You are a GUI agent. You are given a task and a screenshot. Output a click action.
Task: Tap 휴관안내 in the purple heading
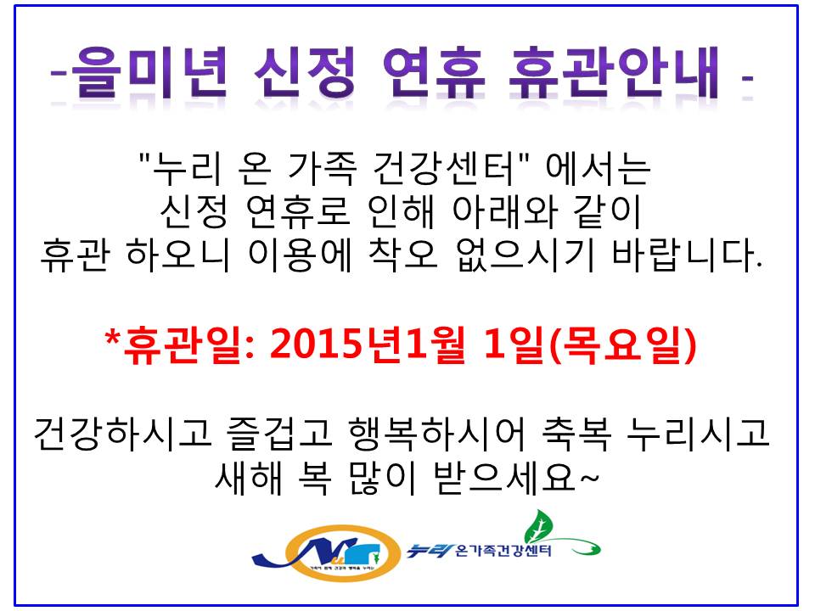pyautogui.click(x=614, y=72)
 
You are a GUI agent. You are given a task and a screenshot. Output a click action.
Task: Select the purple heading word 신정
pyautogui.click(x=305, y=72)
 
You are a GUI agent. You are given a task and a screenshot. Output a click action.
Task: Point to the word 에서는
pyautogui.click(x=598, y=168)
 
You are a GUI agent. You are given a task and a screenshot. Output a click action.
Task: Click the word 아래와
pyautogui.click(x=505, y=212)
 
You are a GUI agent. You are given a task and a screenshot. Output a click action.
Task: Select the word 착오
pyautogui.click(x=403, y=255)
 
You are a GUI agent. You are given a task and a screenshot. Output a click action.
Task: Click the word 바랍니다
pyautogui.click(x=687, y=255)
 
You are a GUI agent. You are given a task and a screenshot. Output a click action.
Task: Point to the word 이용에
pyautogui.click(x=300, y=255)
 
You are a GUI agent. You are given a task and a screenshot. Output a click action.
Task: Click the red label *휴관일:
pyautogui.click(x=179, y=345)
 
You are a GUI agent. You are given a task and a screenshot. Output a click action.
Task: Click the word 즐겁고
pyautogui.click(x=279, y=434)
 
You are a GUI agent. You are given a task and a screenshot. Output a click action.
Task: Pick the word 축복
pyautogui.click(x=576, y=434)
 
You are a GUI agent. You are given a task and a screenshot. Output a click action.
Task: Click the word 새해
pyautogui.click(x=249, y=477)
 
